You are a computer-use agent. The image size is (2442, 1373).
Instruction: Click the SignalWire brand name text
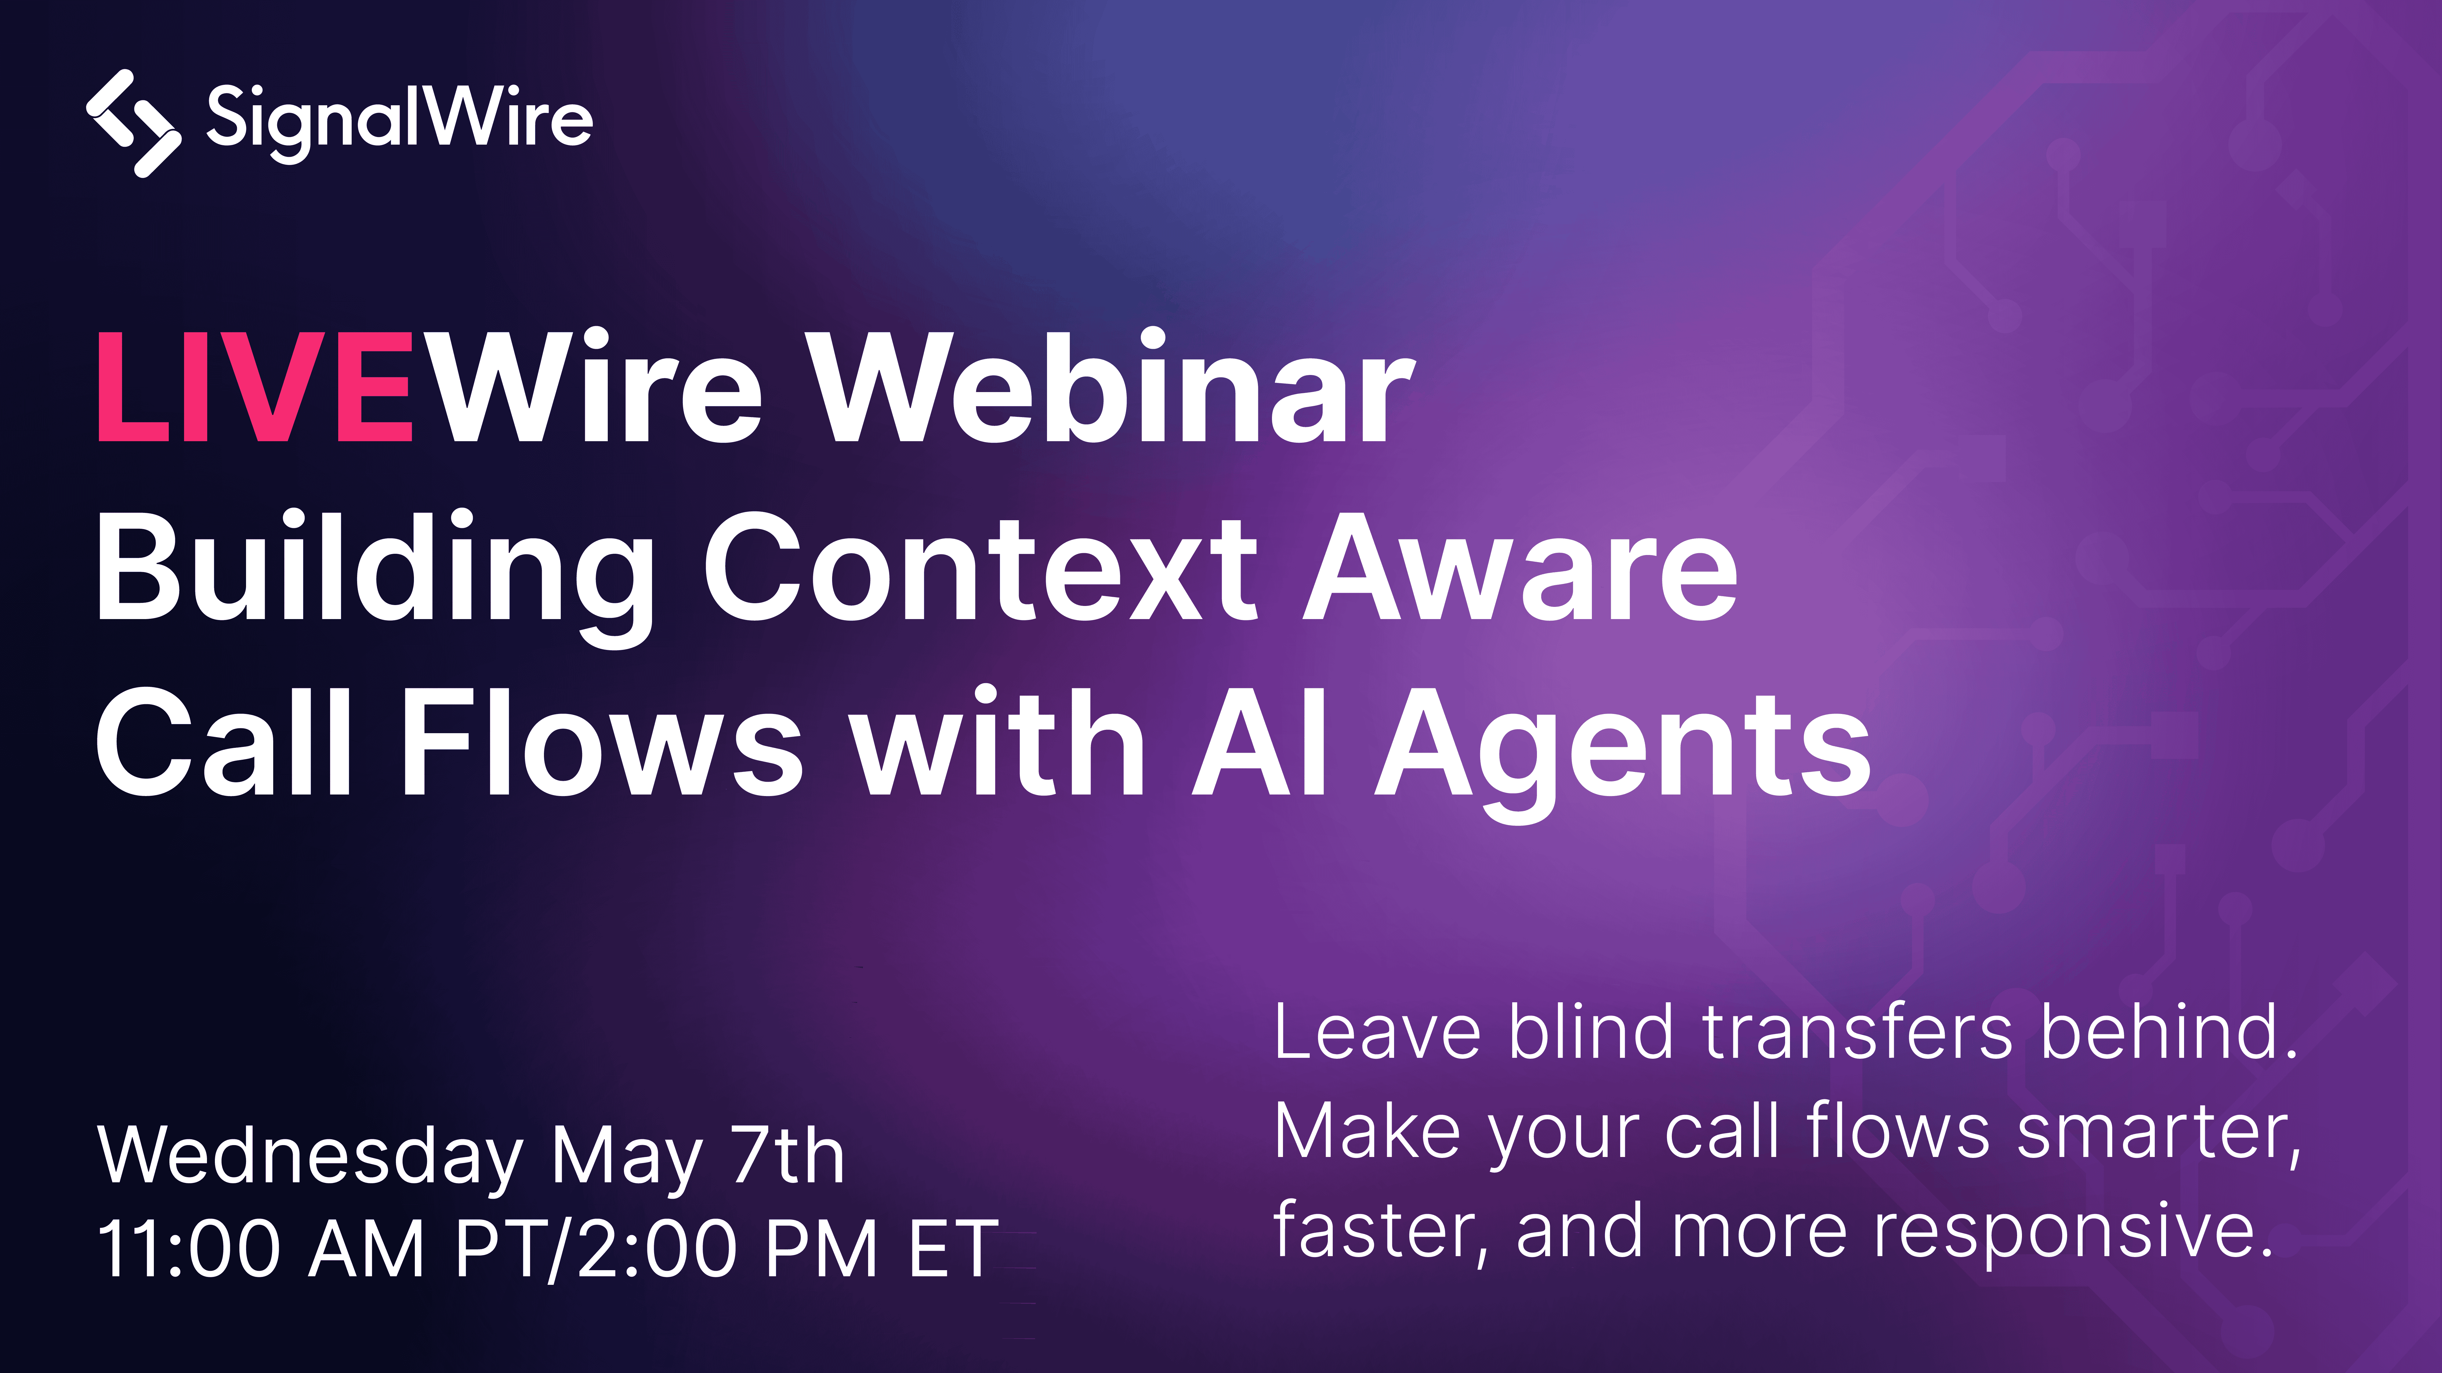pyautogui.click(x=399, y=120)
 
